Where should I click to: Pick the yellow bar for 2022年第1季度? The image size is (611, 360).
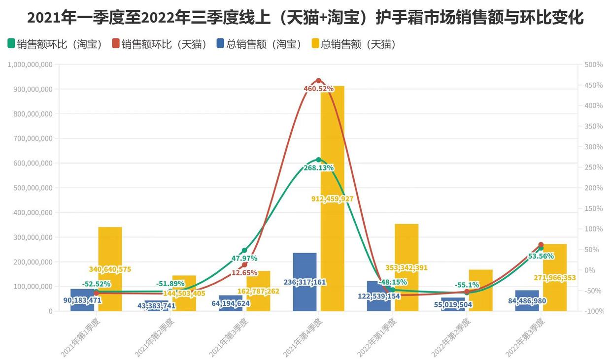tap(407, 246)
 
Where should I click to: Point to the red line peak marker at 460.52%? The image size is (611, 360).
tap(318, 81)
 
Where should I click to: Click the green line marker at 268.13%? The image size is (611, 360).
tap(318, 160)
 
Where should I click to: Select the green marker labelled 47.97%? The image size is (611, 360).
tap(244, 251)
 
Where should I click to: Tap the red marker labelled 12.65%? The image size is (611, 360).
tap(244, 265)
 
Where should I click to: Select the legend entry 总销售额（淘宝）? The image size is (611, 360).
tap(259, 44)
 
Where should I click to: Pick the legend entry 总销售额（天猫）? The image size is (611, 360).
tap(354, 44)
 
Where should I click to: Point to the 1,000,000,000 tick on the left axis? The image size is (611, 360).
tap(31, 65)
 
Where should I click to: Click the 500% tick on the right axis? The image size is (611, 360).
tap(593, 65)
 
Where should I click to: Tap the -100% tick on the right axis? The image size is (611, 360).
tap(593, 311)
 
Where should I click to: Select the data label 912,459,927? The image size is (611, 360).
tap(333, 199)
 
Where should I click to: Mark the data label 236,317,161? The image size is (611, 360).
tap(305, 282)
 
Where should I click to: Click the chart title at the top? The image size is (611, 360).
tap(305, 18)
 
